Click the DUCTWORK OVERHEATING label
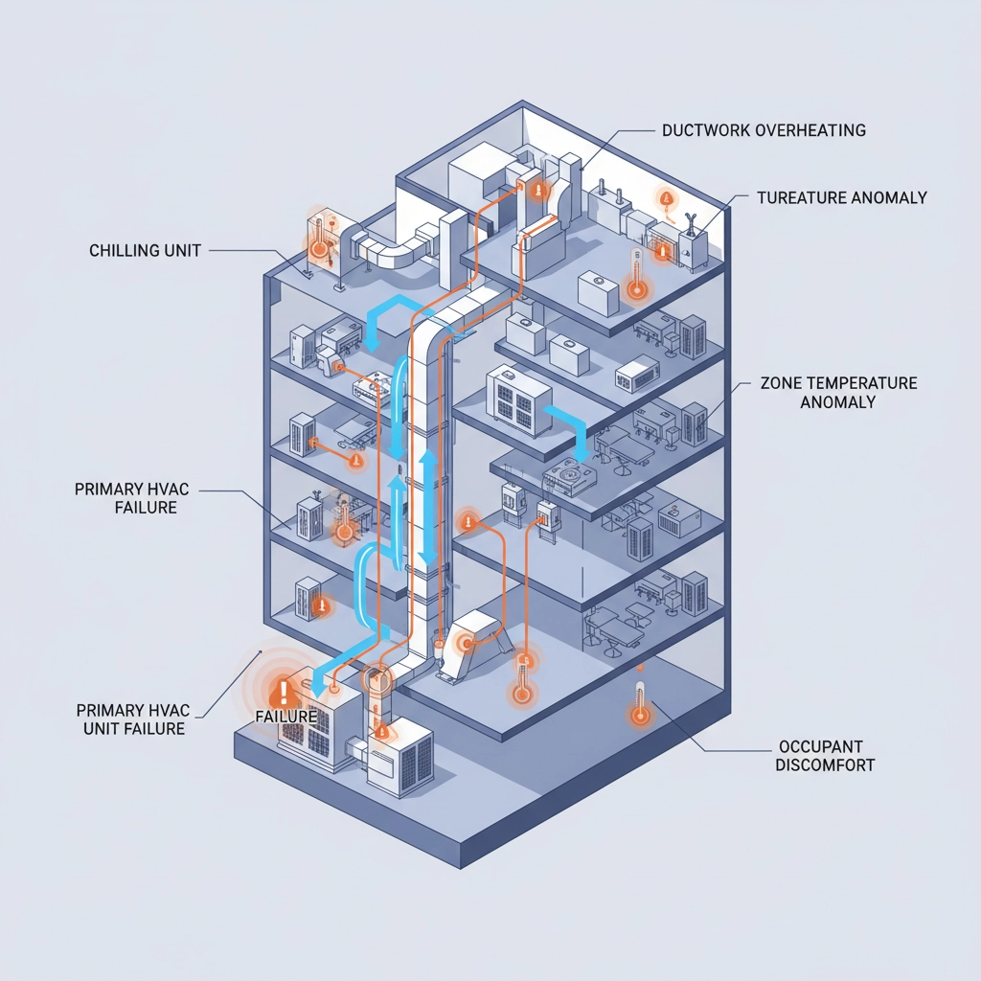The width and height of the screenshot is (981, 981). tap(764, 130)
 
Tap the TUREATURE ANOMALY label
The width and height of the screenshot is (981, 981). tap(841, 198)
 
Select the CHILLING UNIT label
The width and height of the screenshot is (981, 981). tap(145, 251)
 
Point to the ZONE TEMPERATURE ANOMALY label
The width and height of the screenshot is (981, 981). tap(838, 393)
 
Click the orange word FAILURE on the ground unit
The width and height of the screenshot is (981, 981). tap(286, 717)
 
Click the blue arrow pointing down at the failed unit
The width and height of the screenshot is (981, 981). tap(326, 674)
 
